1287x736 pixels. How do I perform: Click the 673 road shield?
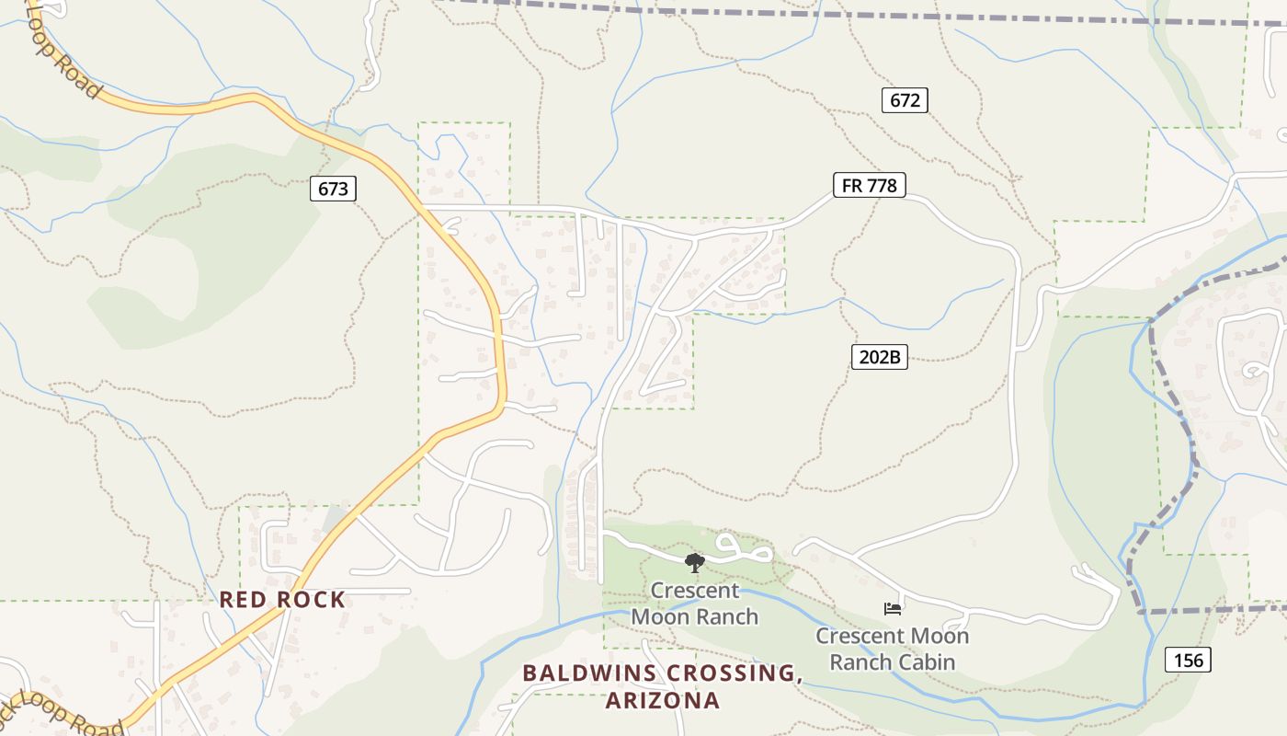(x=333, y=189)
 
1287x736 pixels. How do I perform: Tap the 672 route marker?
(x=905, y=100)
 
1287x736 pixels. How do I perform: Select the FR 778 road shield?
(x=869, y=185)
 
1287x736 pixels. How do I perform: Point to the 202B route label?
(x=879, y=357)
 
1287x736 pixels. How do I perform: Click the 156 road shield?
(x=1188, y=660)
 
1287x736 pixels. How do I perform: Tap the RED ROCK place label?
(x=282, y=600)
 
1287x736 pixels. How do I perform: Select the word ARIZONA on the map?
(x=662, y=700)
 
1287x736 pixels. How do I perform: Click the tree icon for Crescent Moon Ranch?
(x=695, y=562)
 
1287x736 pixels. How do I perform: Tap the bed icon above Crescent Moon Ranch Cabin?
(x=892, y=608)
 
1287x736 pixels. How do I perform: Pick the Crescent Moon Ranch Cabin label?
(x=892, y=649)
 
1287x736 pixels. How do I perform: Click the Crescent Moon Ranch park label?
(x=695, y=604)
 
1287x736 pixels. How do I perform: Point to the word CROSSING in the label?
(x=734, y=673)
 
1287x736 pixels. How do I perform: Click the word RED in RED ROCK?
(x=241, y=600)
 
